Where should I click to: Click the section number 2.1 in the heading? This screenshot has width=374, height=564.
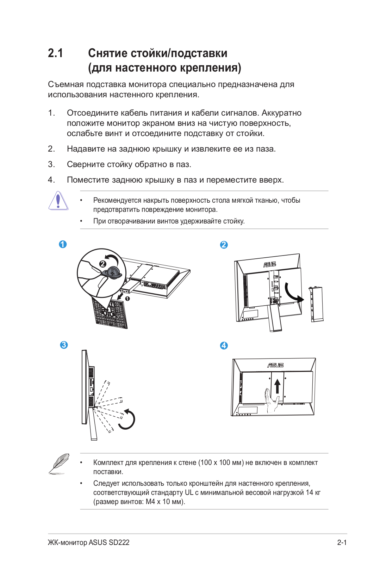[55, 53]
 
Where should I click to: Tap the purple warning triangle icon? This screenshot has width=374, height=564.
[58, 201]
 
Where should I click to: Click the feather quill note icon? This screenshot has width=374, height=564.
[59, 464]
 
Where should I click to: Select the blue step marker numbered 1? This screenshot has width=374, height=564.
[63, 244]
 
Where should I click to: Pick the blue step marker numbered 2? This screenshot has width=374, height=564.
[224, 245]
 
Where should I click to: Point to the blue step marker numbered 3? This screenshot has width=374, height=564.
[64, 345]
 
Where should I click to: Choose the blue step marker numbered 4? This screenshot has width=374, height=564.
[224, 345]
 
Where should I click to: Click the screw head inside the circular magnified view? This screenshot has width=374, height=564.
[113, 272]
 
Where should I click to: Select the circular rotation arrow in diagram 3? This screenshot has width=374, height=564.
[128, 419]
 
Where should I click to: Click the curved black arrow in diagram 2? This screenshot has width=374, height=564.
[293, 293]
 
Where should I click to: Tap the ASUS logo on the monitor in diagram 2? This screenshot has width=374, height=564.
[270, 264]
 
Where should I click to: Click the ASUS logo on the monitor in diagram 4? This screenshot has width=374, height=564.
[275, 365]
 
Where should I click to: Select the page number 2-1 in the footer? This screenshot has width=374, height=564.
[342, 542]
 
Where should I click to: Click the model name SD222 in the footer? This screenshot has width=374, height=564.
[119, 542]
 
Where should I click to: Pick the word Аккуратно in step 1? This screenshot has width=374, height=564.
[281, 113]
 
